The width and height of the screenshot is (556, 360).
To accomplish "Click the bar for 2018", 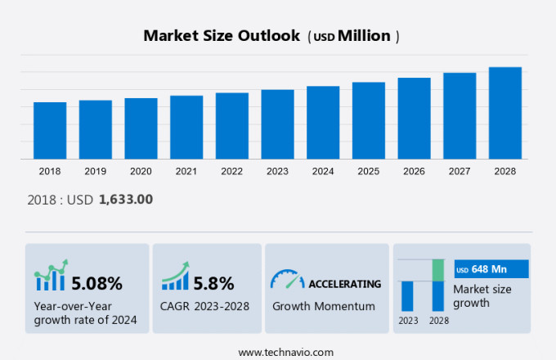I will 50,130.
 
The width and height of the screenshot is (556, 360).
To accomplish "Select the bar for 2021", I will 186,127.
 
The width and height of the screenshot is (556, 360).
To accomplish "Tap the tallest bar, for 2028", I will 505,113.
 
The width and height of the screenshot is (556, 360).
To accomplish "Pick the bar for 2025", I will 369,120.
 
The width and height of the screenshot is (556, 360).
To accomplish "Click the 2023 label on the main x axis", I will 277,171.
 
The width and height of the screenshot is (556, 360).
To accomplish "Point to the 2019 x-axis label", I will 95,171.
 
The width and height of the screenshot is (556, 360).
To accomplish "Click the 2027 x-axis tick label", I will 460,171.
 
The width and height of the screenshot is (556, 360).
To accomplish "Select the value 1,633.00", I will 125,199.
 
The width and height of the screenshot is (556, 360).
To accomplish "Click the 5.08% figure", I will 96,284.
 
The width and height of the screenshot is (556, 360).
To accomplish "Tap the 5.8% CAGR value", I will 213,284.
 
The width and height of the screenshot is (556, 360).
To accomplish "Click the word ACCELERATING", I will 344,284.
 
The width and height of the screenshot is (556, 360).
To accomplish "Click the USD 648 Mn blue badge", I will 491,269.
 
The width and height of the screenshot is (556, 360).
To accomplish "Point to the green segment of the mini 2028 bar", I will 437,270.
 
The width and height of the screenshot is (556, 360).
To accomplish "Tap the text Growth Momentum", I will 323,306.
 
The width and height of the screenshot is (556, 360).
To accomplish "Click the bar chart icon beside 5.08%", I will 50,278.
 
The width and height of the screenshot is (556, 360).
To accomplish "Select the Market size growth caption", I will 482,295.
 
